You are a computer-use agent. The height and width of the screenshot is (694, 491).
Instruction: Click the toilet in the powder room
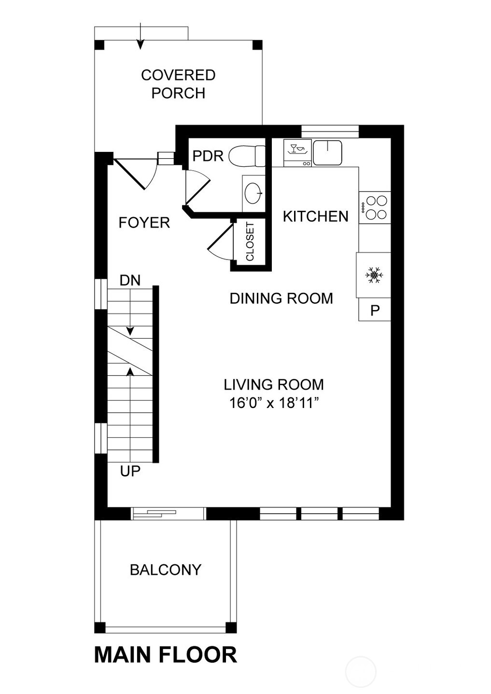pos(247,156)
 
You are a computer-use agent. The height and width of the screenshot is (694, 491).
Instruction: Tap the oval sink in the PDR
pos(254,193)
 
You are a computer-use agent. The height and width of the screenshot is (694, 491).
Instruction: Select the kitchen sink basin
pos(327,153)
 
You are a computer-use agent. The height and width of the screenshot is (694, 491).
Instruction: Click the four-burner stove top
pos(375,207)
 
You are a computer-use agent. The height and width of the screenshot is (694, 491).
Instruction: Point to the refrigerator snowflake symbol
pos(374,275)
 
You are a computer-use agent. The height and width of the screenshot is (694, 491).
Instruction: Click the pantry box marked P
pos(375,309)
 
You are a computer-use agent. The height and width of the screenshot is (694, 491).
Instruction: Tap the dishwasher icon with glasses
pos(297,153)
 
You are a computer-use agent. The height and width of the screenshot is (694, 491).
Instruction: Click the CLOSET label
pos(250,241)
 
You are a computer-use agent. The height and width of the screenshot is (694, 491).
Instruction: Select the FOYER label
pos(144,223)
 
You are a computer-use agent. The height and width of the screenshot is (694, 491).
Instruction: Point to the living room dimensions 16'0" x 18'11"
pos(274,403)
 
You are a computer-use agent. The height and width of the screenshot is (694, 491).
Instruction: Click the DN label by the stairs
pos(130,280)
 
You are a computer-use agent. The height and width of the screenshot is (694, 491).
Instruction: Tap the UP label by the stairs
pos(130,471)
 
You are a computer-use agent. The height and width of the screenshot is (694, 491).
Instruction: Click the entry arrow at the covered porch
pos(140,38)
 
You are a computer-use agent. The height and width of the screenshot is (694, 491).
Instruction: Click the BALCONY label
pos(166,570)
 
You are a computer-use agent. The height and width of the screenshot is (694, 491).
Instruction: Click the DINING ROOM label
pos(281,299)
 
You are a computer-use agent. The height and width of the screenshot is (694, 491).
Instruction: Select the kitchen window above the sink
pos(330,131)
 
